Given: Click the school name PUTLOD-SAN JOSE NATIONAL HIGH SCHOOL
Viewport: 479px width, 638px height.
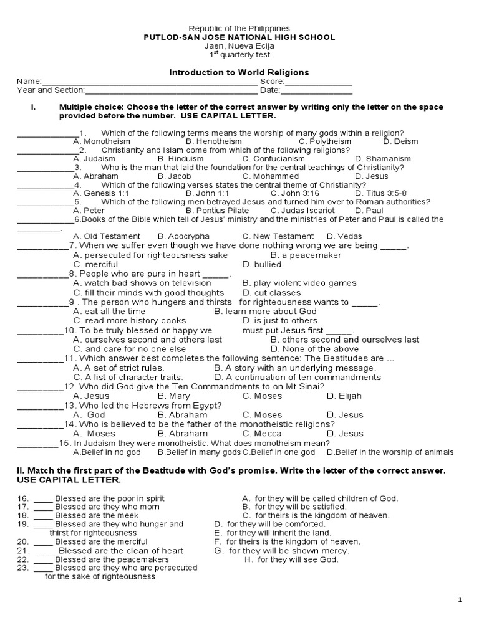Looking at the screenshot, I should [239, 37].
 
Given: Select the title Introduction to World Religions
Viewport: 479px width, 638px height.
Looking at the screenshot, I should [239, 73].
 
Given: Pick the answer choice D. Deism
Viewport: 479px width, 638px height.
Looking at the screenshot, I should [400, 141].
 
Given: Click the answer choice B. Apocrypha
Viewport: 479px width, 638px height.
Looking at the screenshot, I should [183, 236].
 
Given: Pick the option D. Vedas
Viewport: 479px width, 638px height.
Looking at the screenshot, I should [344, 236].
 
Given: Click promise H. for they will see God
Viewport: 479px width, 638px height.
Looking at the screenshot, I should [291, 559].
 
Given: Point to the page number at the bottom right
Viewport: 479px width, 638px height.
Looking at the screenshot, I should [460, 599].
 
